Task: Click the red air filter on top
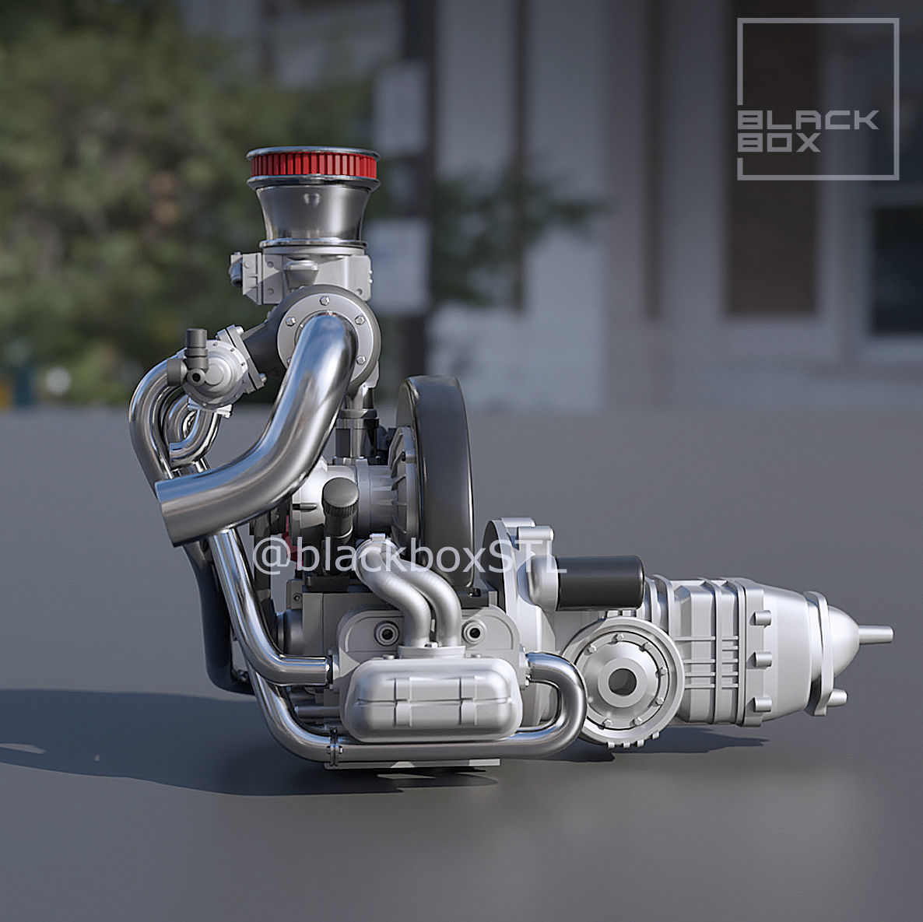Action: [313, 164]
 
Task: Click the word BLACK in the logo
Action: [808, 120]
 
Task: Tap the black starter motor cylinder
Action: [599, 582]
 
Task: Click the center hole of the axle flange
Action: [619, 681]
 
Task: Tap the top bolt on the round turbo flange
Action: [324, 296]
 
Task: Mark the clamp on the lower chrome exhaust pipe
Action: [333, 752]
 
